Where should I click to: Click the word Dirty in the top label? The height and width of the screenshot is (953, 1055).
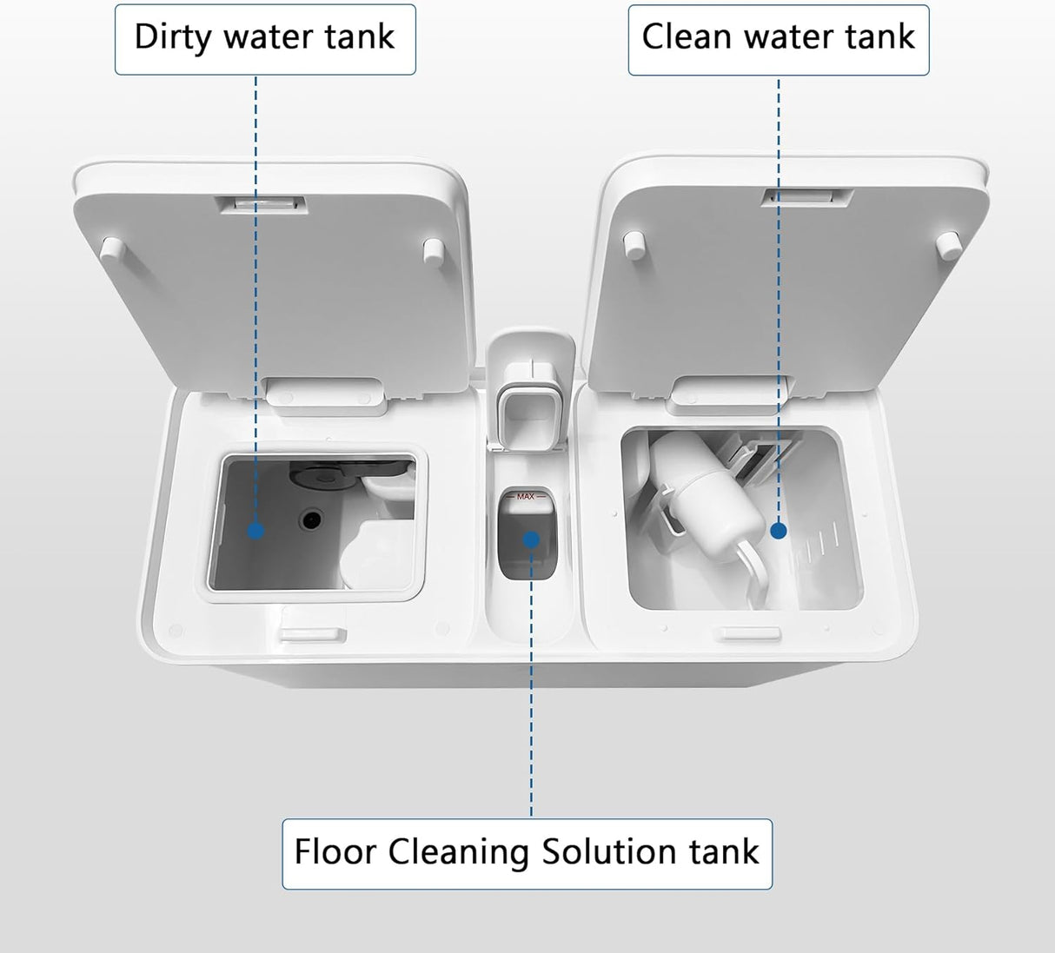173,37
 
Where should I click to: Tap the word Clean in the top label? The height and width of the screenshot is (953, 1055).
687,37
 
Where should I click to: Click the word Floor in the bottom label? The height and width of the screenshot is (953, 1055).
335,852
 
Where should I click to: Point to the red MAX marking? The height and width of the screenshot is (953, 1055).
526,496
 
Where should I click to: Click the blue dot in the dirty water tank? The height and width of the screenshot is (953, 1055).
255,530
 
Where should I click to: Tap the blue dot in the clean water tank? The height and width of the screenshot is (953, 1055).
779,530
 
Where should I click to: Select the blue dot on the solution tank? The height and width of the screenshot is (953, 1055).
531,539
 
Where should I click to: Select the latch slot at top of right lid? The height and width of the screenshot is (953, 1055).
806,197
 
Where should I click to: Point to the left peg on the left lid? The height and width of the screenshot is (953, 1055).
110,250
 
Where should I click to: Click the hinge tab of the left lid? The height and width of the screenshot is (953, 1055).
326,393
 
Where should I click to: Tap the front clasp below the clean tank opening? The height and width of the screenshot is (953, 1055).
752,633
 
